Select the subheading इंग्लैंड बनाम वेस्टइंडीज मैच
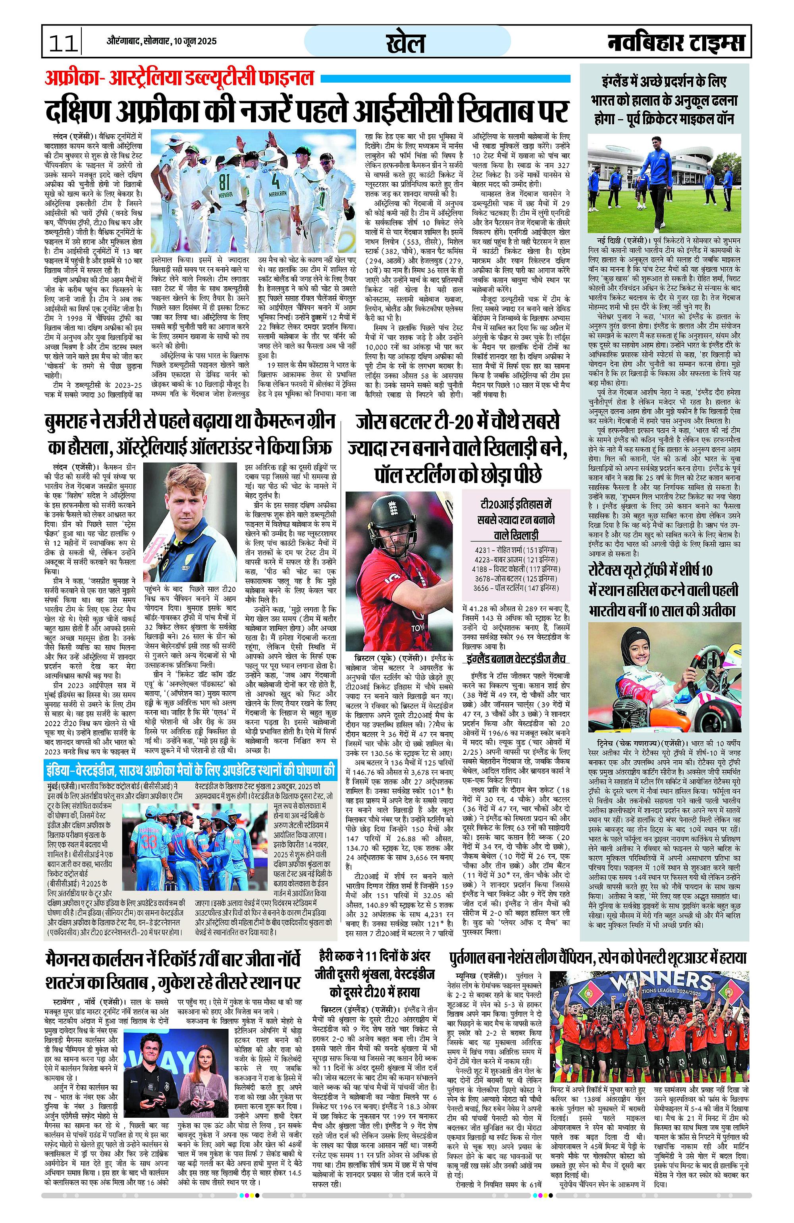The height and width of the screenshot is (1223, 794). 516,659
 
